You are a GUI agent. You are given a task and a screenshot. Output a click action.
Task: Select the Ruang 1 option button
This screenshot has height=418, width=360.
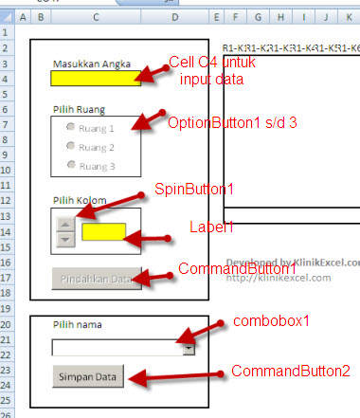coord(70,128)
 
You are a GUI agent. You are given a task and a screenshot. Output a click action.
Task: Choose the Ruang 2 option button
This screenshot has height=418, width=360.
coord(70,146)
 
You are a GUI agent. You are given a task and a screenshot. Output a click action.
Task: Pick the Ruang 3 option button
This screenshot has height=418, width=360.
coord(70,164)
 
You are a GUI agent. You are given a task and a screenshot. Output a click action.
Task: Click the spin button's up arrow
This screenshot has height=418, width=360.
coord(65,225)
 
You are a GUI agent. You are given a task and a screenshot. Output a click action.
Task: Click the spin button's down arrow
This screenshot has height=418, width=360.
coord(65,240)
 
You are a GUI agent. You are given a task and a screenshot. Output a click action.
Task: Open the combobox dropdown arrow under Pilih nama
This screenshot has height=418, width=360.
coord(189,348)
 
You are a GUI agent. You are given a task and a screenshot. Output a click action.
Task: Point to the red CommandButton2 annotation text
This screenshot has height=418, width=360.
coord(290,370)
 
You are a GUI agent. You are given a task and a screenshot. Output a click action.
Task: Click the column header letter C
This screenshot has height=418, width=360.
coord(97,17)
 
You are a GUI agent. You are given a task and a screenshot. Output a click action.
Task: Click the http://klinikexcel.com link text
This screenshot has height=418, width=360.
coord(279,277)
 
